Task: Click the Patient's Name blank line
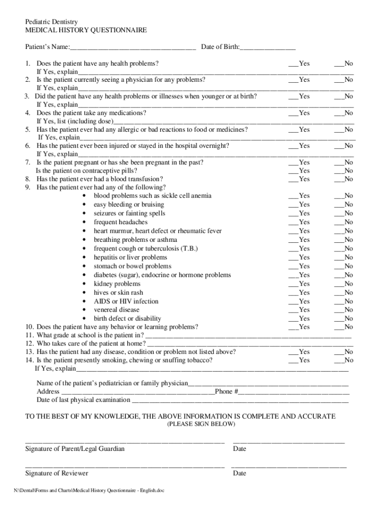(x=132, y=48)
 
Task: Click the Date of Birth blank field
(x=268, y=48)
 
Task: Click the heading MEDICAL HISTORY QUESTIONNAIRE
(x=86, y=30)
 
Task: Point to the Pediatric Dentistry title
(x=52, y=22)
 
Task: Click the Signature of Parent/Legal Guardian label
(x=75, y=449)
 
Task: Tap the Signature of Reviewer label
(x=57, y=473)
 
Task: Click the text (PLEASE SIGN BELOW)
(x=201, y=425)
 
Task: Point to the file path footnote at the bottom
(x=89, y=491)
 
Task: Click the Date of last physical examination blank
(x=240, y=401)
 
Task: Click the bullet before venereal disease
(x=84, y=310)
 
